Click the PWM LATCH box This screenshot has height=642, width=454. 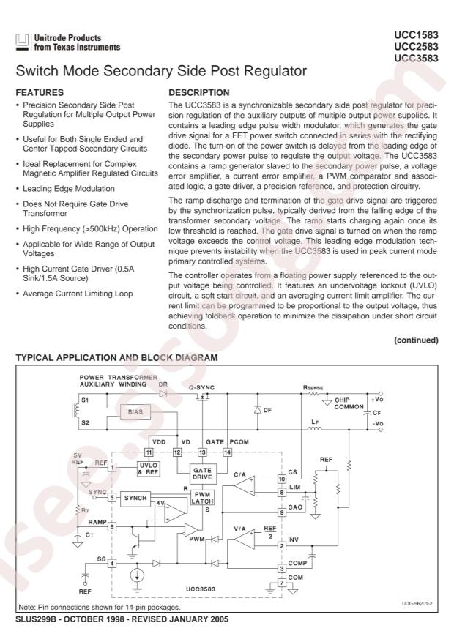coord(201,499)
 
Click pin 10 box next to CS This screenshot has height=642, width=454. coord(281,479)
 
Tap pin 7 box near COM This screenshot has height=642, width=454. coord(281,583)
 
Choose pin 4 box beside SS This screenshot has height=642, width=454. coord(112,563)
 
